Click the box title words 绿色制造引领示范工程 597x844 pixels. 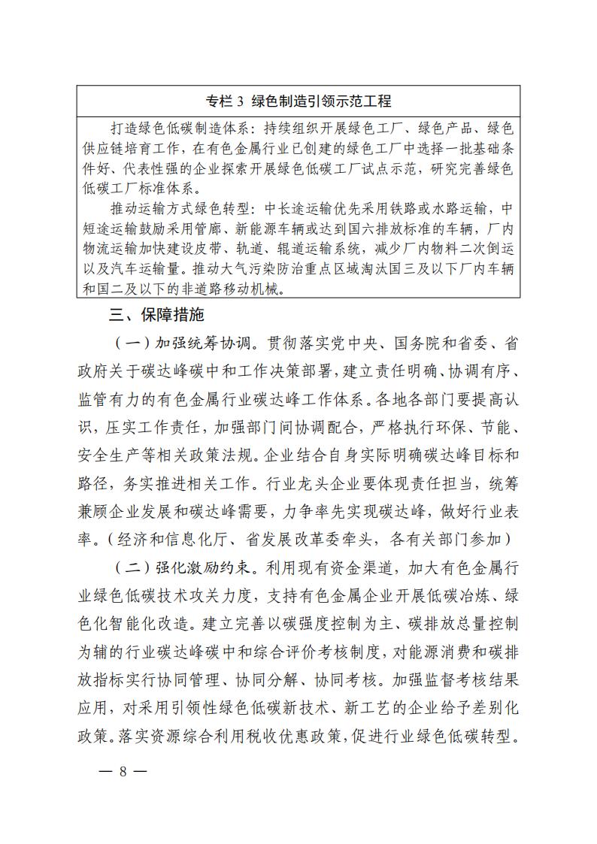pyautogui.click(x=320, y=101)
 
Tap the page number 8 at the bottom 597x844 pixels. pyautogui.click(x=121, y=772)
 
